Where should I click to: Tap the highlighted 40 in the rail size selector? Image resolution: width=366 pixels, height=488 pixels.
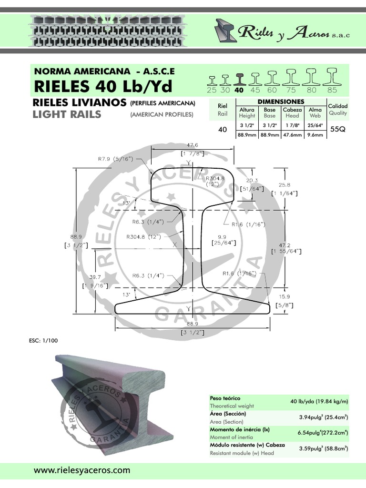click(239, 90)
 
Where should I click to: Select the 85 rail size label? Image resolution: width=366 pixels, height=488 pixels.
click(332, 90)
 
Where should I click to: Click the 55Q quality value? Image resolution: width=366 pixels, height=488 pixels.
click(337, 129)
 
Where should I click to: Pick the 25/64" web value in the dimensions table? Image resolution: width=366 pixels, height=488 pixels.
click(315, 126)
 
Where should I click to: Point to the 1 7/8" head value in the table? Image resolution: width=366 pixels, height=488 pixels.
click(292, 126)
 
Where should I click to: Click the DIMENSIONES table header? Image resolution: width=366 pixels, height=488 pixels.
click(281, 102)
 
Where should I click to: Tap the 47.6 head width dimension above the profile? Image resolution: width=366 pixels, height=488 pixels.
click(193, 144)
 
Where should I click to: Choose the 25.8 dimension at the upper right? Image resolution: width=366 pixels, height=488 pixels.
click(285, 184)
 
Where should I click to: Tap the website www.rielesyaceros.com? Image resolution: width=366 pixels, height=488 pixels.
click(81, 470)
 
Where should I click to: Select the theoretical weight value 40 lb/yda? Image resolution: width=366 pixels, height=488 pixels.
click(319, 402)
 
